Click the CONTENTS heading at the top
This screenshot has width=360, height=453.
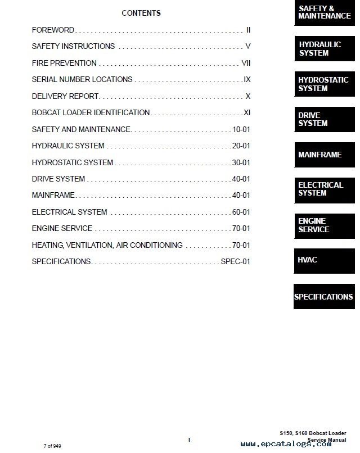pyautogui.click(x=141, y=13)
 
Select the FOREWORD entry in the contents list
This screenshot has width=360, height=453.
pyautogui.click(x=53, y=30)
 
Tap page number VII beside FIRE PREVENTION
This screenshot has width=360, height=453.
pyautogui.click(x=246, y=63)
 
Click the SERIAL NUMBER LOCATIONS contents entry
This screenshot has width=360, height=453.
pyautogui.click(x=82, y=79)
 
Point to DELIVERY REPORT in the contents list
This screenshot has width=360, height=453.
pyautogui.click(x=65, y=96)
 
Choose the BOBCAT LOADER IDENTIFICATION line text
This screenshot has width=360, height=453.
pyautogui.click(x=91, y=112)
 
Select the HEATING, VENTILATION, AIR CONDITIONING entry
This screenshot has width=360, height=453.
pyautogui.click(x=107, y=245)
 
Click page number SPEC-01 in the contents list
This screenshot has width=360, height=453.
pyautogui.click(x=236, y=261)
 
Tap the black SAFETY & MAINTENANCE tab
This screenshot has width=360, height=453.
pyautogui.click(x=325, y=13)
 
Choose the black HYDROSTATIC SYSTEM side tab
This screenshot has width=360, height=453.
pyautogui.click(x=325, y=84)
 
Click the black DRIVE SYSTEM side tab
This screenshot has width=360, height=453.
pyautogui.click(x=325, y=119)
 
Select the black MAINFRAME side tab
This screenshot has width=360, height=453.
pyautogui.click(x=325, y=155)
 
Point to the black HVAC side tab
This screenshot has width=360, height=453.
pyautogui.click(x=325, y=260)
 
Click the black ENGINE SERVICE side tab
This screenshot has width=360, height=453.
pyautogui.click(x=325, y=225)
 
